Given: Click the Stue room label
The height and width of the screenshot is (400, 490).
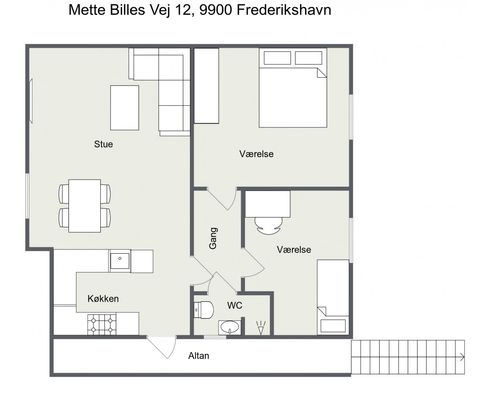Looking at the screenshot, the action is click(x=103, y=144).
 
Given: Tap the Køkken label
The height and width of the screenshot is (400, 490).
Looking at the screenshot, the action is click(x=103, y=298).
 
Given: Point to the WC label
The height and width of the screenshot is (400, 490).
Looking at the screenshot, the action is click(x=235, y=305).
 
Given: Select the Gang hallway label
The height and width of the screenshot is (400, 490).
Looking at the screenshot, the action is click(x=213, y=238).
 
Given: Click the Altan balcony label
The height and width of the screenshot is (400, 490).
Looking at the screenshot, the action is click(x=199, y=356).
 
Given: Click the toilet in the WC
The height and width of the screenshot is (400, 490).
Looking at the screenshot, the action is click(x=203, y=310).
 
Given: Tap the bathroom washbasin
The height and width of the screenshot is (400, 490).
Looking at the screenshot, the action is click(x=229, y=327).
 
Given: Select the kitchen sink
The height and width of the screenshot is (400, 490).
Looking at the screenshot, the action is click(x=119, y=261).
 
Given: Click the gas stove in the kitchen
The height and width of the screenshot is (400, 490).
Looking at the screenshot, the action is click(x=102, y=324).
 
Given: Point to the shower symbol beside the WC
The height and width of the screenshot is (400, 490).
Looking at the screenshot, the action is click(x=261, y=327).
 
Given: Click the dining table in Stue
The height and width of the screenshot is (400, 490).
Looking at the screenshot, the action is click(x=85, y=206).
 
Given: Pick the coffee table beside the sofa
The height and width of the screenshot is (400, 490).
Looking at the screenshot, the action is click(x=125, y=108).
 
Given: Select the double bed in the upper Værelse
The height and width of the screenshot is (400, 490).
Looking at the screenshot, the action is click(x=293, y=88).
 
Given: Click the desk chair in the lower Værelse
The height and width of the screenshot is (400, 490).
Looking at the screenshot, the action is click(x=268, y=225).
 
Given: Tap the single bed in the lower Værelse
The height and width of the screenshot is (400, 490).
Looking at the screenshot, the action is click(x=333, y=297).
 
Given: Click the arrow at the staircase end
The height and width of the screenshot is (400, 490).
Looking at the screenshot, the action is click(x=462, y=357).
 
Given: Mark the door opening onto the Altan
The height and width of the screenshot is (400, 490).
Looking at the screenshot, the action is click(x=162, y=347).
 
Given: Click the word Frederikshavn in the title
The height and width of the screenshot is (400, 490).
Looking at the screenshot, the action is click(x=284, y=10).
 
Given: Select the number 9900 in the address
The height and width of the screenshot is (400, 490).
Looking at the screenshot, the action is click(x=215, y=10).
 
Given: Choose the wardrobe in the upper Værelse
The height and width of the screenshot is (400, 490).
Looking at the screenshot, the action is click(x=207, y=86).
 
